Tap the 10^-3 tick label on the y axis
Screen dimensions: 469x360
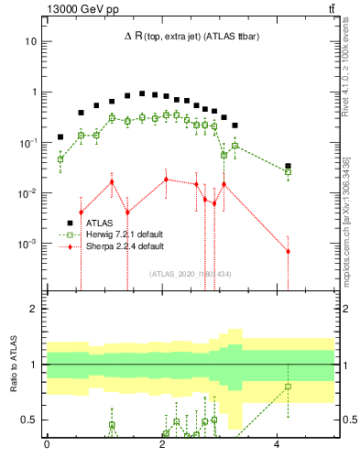(x=28, y=245)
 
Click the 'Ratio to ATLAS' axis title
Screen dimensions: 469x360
(x=13, y=365)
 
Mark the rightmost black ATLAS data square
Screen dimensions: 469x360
(x=288, y=167)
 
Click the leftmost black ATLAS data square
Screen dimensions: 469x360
(x=60, y=136)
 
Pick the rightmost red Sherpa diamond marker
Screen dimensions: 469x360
(x=288, y=251)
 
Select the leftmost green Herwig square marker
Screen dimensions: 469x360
(x=60, y=159)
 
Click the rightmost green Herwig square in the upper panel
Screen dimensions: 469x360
(x=288, y=172)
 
